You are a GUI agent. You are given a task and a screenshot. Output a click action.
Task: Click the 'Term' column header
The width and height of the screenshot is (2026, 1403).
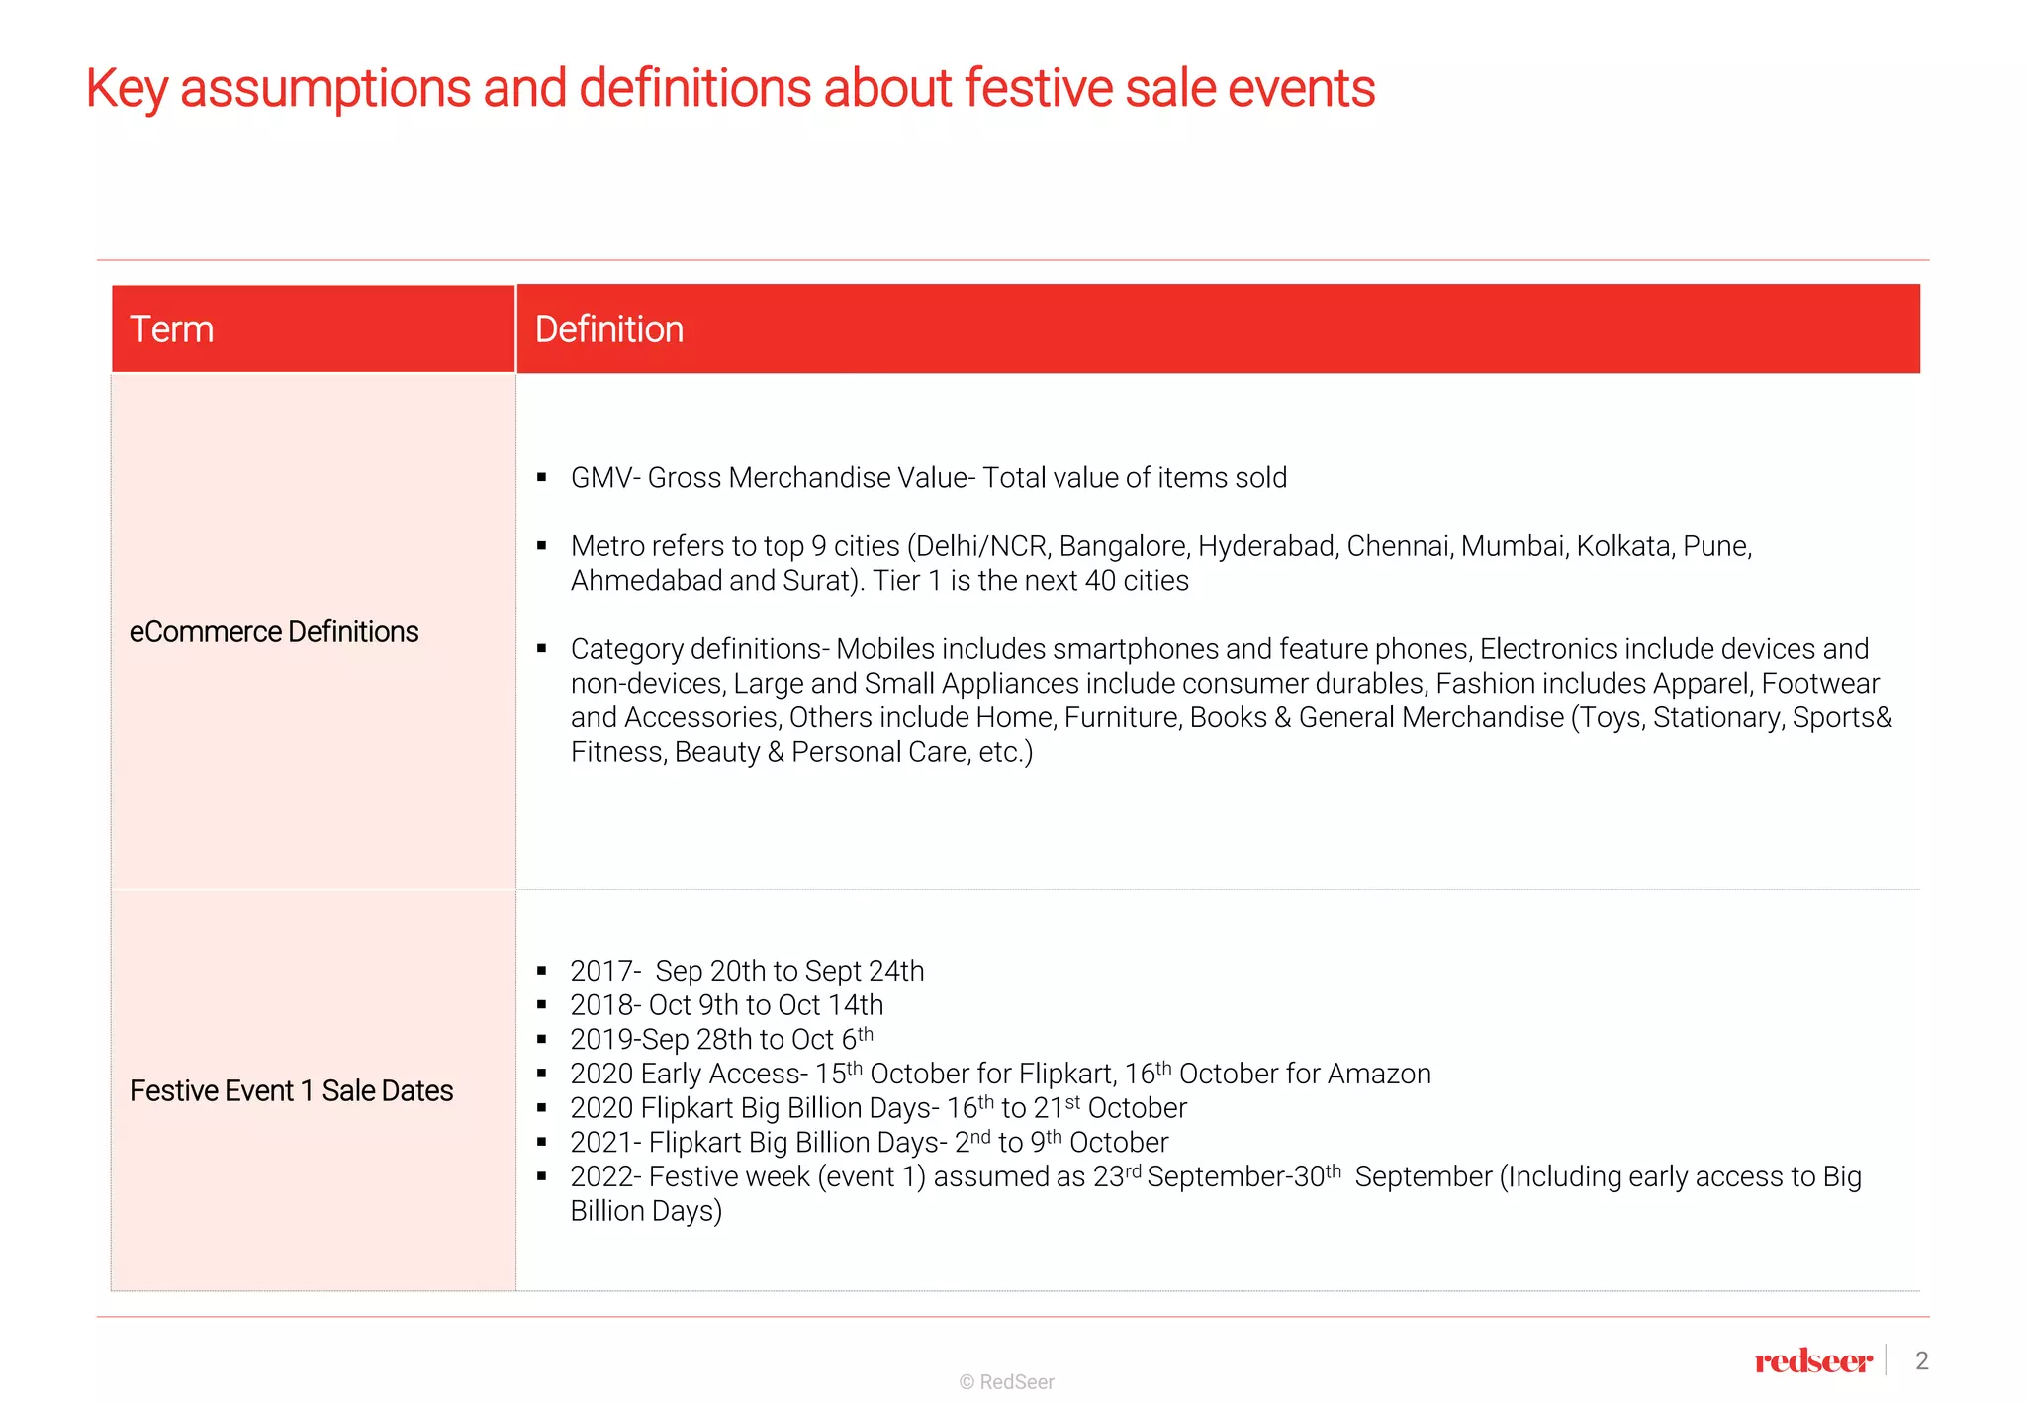pyautogui.click(x=171, y=329)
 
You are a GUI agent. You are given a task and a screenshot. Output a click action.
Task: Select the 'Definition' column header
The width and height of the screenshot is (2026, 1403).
pyautogui.click(x=608, y=329)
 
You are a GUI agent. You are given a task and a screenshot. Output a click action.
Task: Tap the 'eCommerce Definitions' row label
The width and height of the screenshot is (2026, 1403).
pyautogui.click(x=274, y=632)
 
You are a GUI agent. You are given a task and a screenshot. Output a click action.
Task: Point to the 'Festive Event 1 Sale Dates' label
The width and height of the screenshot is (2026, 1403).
pyautogui.click(x=291, y=1091)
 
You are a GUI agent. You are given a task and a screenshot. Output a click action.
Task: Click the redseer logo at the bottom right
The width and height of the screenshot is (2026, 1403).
pyautogui.click(x=1812, y=1362)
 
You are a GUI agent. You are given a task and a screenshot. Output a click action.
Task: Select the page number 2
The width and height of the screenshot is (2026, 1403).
pyautogui.click(x=1921, y=1361)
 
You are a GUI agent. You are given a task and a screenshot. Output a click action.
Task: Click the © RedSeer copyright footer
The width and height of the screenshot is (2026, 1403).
pyautogui.click(x=1006, y=1382)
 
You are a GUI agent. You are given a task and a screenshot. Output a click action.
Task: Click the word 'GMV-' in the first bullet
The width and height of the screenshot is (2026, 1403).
pyautogui.click(x=605, y=478)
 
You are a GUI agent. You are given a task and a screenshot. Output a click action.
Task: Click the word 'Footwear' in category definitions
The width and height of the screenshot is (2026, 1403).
pyautogui.click(x=1819, y=684)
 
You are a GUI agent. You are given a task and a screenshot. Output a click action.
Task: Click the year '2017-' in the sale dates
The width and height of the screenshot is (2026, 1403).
pyautogui.click(x=605, y=972)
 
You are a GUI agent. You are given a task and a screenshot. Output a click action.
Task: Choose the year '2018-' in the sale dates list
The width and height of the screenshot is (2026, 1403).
pyautogui.click(x=605, y=1005)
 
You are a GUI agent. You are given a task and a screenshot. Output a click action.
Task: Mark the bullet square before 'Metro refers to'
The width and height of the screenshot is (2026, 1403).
pyautogui.click(x=542, y=546)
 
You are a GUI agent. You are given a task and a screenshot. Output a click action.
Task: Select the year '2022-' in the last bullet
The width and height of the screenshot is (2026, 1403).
pyautogui.click(x=605, y=1177)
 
